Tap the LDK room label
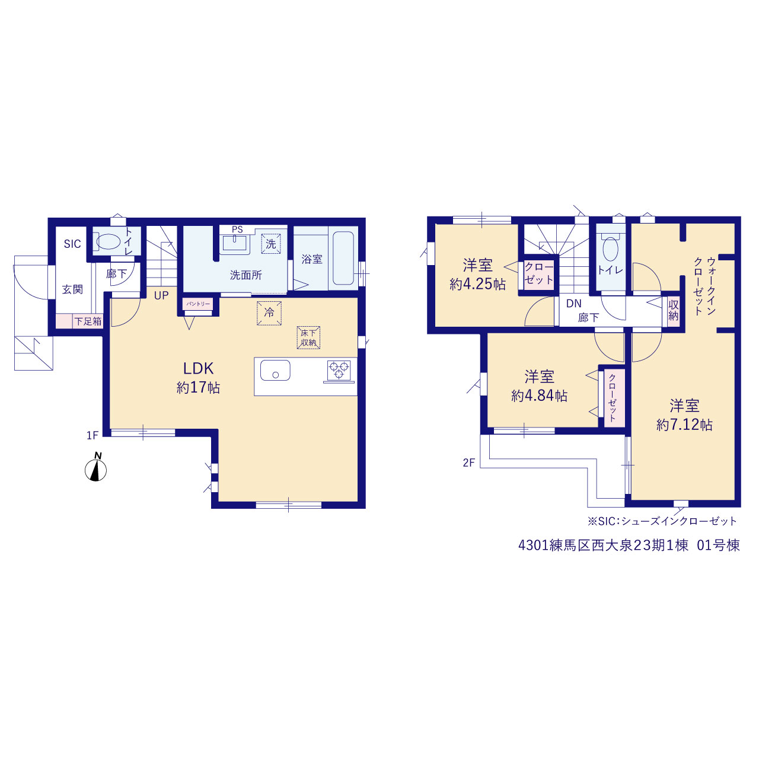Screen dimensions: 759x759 point(198,369)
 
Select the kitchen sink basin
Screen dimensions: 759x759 point(275,371)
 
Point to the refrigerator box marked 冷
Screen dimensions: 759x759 point(269,313)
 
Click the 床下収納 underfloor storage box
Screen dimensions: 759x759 point(308,337)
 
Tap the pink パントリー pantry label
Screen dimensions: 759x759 point(197,304)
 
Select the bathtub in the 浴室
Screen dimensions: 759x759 point(343,257)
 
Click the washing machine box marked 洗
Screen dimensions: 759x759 point(271,244)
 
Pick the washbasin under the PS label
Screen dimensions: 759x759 point(235,243)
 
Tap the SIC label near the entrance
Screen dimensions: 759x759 point(72,244)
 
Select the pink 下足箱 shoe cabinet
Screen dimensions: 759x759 point(79,321)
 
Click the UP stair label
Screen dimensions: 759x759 point(161,295)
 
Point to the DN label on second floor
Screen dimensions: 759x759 point(574,304)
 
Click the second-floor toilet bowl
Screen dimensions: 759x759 point(611,248)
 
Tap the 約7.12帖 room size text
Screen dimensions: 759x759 point(684,425)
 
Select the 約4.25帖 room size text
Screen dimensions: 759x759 point(477,284)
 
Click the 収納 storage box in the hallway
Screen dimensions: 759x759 point(674,310)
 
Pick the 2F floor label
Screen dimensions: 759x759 point(469,463)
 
